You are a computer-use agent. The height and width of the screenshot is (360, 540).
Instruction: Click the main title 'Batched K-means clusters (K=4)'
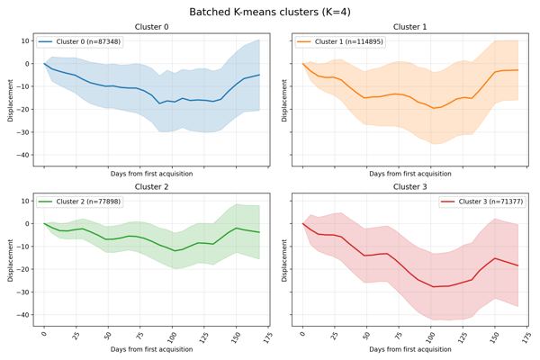(x=270, y=12)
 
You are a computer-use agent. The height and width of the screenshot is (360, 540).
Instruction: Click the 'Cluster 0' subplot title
(x=151, y=27)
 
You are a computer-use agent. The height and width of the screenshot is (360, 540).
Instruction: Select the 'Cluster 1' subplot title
(x=409, y=27)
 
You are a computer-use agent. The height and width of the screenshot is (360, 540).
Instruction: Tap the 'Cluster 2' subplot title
(x=151, y=187)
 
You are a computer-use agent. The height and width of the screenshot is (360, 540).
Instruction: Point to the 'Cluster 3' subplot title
(x=409, y=187)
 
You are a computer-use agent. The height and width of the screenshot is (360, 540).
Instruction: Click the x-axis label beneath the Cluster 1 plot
(x=409, y=173)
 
